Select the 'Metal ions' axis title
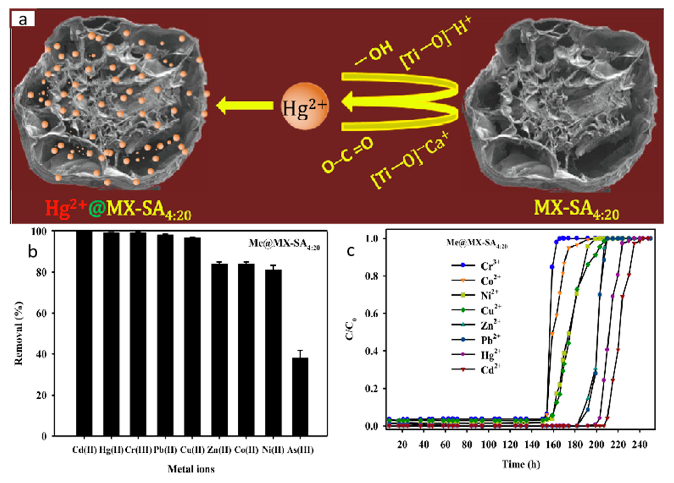pos(191,469)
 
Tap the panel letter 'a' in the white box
pos(23,20)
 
